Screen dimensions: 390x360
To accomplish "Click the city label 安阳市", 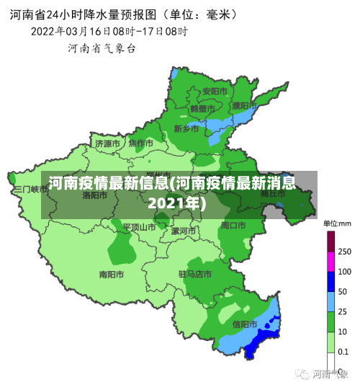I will [215, 92].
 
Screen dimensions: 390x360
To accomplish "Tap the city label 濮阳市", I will [245, 105].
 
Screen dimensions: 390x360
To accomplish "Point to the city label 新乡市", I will [186, 128].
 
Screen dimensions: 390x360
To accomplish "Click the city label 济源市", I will [108, 143].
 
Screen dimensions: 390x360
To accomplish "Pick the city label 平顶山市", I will [139, 227].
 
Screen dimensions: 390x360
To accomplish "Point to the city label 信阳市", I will [245, 324].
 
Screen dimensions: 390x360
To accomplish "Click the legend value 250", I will [344, 252].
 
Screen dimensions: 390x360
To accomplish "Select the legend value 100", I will [344, 272].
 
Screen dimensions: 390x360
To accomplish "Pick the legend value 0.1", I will [344, 352].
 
